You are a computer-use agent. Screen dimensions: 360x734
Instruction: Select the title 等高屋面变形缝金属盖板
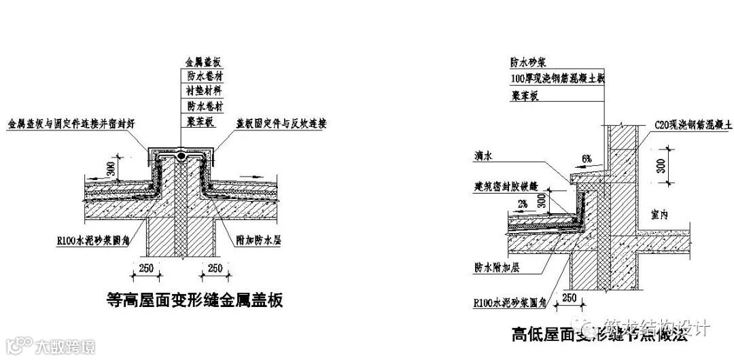pos(196,299)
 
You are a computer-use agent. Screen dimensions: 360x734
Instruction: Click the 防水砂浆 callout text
pos(527,61)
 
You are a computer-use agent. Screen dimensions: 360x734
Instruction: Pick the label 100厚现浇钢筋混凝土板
pos(557,78)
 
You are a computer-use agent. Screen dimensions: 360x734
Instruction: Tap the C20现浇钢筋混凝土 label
pos(693,125)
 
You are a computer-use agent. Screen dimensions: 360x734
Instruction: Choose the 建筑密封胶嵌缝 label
pos(506,185)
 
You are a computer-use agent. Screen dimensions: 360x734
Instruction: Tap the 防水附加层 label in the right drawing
pos(497,268)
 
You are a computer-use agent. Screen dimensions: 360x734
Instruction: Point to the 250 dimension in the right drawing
pos(570,298)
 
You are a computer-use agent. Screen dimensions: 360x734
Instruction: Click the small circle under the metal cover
pos(181,156)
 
